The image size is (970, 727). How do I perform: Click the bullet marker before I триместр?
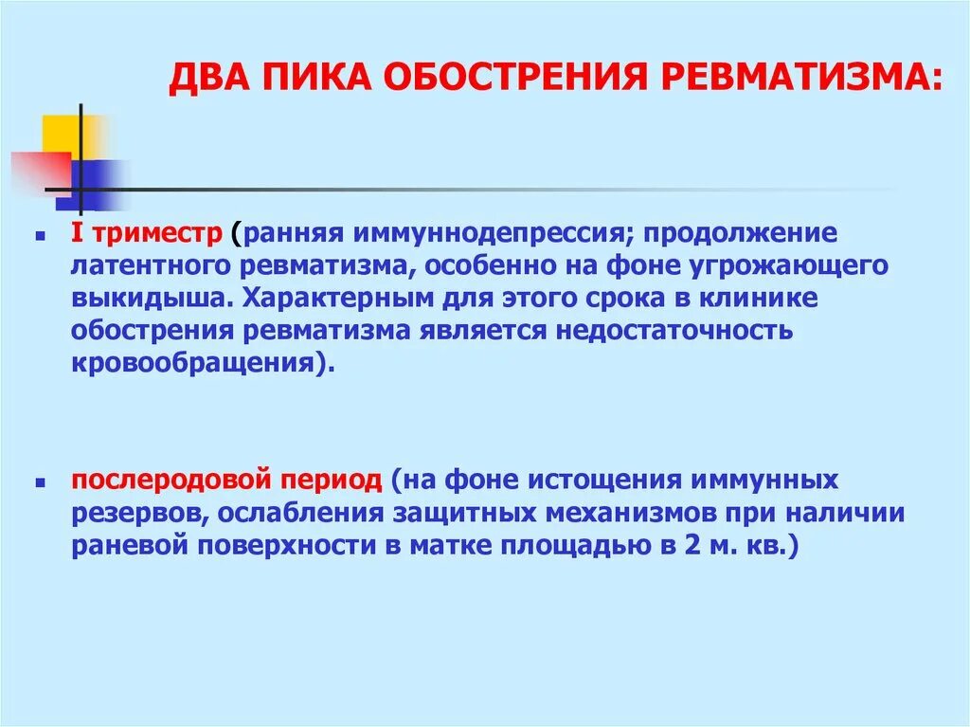point(41,233)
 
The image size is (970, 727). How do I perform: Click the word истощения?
point(569,481)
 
